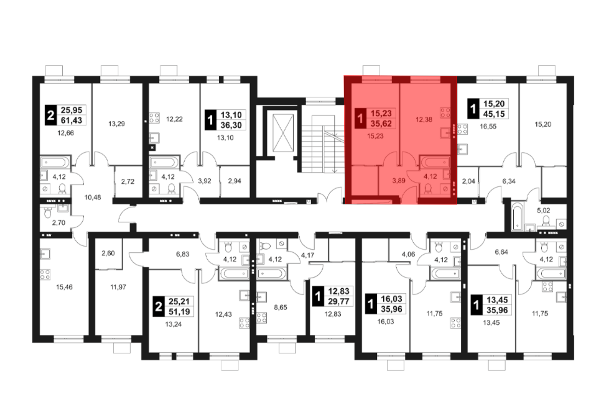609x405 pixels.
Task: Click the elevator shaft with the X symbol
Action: [283, 133]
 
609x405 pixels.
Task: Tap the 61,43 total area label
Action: [72, 120]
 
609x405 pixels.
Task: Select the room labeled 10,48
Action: [93, 197]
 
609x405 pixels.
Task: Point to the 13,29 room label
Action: [117, 124]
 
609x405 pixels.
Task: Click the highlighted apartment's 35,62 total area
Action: [381, 124]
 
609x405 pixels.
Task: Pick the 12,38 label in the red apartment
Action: [424, 119]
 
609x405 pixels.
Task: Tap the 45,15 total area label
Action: [494, 114]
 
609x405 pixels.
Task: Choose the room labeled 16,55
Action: [488, 126]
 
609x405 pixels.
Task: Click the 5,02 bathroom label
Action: [544, 210]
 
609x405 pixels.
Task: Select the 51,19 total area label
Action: [179, 312]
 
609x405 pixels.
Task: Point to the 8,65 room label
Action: [280, 307]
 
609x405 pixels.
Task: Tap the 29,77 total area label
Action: [339, 301]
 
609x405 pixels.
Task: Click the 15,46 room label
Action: [64, 287]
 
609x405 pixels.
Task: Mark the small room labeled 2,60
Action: [108, 253]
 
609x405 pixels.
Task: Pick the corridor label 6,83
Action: [183, 254]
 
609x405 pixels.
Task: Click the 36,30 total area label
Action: [231, 125]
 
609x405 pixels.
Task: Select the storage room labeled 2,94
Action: [234, 181]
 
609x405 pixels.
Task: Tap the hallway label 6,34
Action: [509, 181]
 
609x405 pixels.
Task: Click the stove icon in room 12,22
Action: [154, 118]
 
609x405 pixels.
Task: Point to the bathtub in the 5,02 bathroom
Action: [517, 217]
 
